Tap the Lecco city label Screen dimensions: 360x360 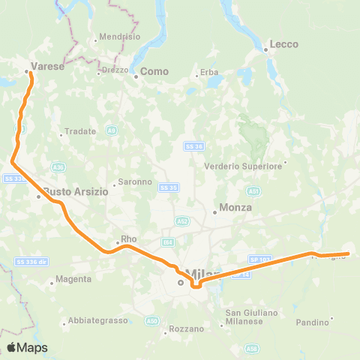coord(284,45)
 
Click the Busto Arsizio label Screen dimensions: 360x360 coord(76,191)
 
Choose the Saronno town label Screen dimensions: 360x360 coord(134,181)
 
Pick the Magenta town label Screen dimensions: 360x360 coord(74,279)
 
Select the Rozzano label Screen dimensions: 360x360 coord(186,328)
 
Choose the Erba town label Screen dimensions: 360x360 coord(208,72)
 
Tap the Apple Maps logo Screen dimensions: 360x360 coord(28,347)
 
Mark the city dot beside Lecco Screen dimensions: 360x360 coord(266,50)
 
